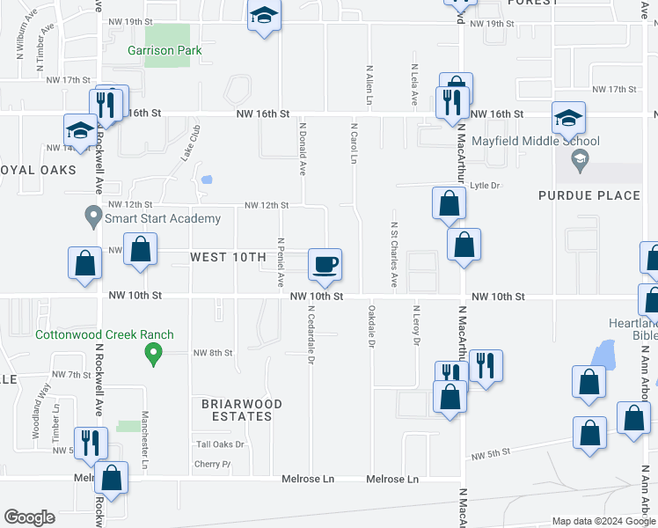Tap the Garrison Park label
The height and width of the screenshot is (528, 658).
[164, 50]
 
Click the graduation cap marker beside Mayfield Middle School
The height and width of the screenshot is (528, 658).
[567, 119]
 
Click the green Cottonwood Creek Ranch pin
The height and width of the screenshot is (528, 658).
[153, 354]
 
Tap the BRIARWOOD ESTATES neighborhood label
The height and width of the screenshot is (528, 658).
[242, 410]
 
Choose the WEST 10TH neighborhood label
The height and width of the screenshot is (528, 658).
[228, 257]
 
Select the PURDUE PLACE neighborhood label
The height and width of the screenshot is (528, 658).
[589, 194]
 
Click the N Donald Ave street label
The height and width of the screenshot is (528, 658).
[303, 149]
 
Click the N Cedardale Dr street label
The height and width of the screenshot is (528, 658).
[311, 334]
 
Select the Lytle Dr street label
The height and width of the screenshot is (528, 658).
[485, 186]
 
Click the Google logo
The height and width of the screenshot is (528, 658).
[29, 517]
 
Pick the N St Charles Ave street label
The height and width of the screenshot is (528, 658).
[395, 254]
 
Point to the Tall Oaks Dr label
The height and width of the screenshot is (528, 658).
[220, 444]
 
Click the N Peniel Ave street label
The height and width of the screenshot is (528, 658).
[281, 262]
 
